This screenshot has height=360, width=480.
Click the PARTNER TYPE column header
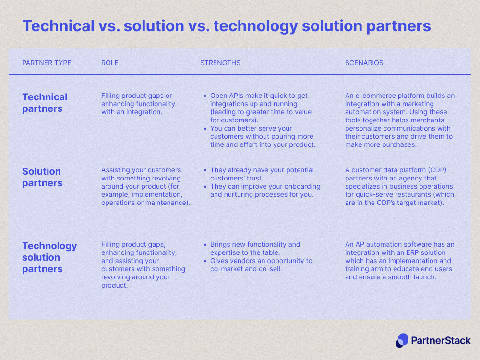click(x=47, y=63)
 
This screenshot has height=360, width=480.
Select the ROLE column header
click(x=109, y=63)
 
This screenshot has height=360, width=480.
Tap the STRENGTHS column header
click(x=220, y=63)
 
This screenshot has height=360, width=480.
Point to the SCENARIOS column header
click(x=364, y=63)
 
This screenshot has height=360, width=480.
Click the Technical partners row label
click(x=45, y=103)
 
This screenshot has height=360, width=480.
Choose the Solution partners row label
click(x=42, y=177)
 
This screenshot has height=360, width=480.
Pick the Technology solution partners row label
click(x=49, y=257)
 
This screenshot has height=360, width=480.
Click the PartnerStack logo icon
click(x=402, y=340)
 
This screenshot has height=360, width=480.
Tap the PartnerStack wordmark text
click(x=441, y=340)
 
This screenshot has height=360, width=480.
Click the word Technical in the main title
click(x=58, y=26)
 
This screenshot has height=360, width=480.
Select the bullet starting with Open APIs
click(x=260, y=108)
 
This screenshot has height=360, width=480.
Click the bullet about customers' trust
click(x=262, y=174)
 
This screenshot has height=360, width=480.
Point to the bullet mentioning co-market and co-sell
click(x=261, y=265)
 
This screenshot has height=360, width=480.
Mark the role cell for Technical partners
click(x=138, y=104)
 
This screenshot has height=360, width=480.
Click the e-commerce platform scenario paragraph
click(x=399, y=120)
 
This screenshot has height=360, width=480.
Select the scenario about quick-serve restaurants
click(x=399, y=186)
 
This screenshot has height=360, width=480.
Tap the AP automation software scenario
click(x=399, y=261)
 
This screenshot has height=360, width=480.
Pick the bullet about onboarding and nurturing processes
click(x=265, y=191)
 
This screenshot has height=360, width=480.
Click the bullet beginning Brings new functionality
click(x=254, y=248)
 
